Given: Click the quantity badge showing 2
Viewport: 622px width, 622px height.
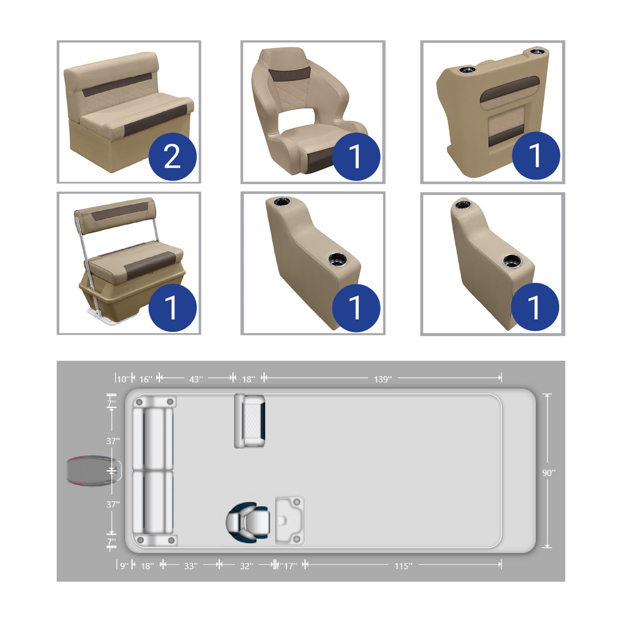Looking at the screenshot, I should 173,156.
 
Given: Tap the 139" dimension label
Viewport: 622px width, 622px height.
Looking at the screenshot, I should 382,379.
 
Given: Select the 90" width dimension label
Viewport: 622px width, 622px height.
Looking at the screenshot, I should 549,472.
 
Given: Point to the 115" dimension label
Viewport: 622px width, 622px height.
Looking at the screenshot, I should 403,566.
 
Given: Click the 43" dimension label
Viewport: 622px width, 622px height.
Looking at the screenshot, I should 196,379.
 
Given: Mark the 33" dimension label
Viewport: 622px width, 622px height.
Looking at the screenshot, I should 191,566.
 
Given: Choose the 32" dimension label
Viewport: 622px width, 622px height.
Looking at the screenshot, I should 246,566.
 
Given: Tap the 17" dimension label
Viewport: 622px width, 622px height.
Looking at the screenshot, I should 290,566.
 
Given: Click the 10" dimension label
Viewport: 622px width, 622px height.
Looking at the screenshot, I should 123,379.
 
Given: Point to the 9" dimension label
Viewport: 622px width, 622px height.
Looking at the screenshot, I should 125,566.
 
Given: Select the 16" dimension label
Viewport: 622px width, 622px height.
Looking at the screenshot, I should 146,379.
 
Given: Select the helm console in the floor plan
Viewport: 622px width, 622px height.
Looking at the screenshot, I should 289,521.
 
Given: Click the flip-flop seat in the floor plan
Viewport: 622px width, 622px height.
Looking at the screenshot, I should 250,421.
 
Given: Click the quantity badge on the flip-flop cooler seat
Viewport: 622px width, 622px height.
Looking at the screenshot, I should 173,307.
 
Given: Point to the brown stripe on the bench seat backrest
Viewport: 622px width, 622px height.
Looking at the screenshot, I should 118,85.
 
